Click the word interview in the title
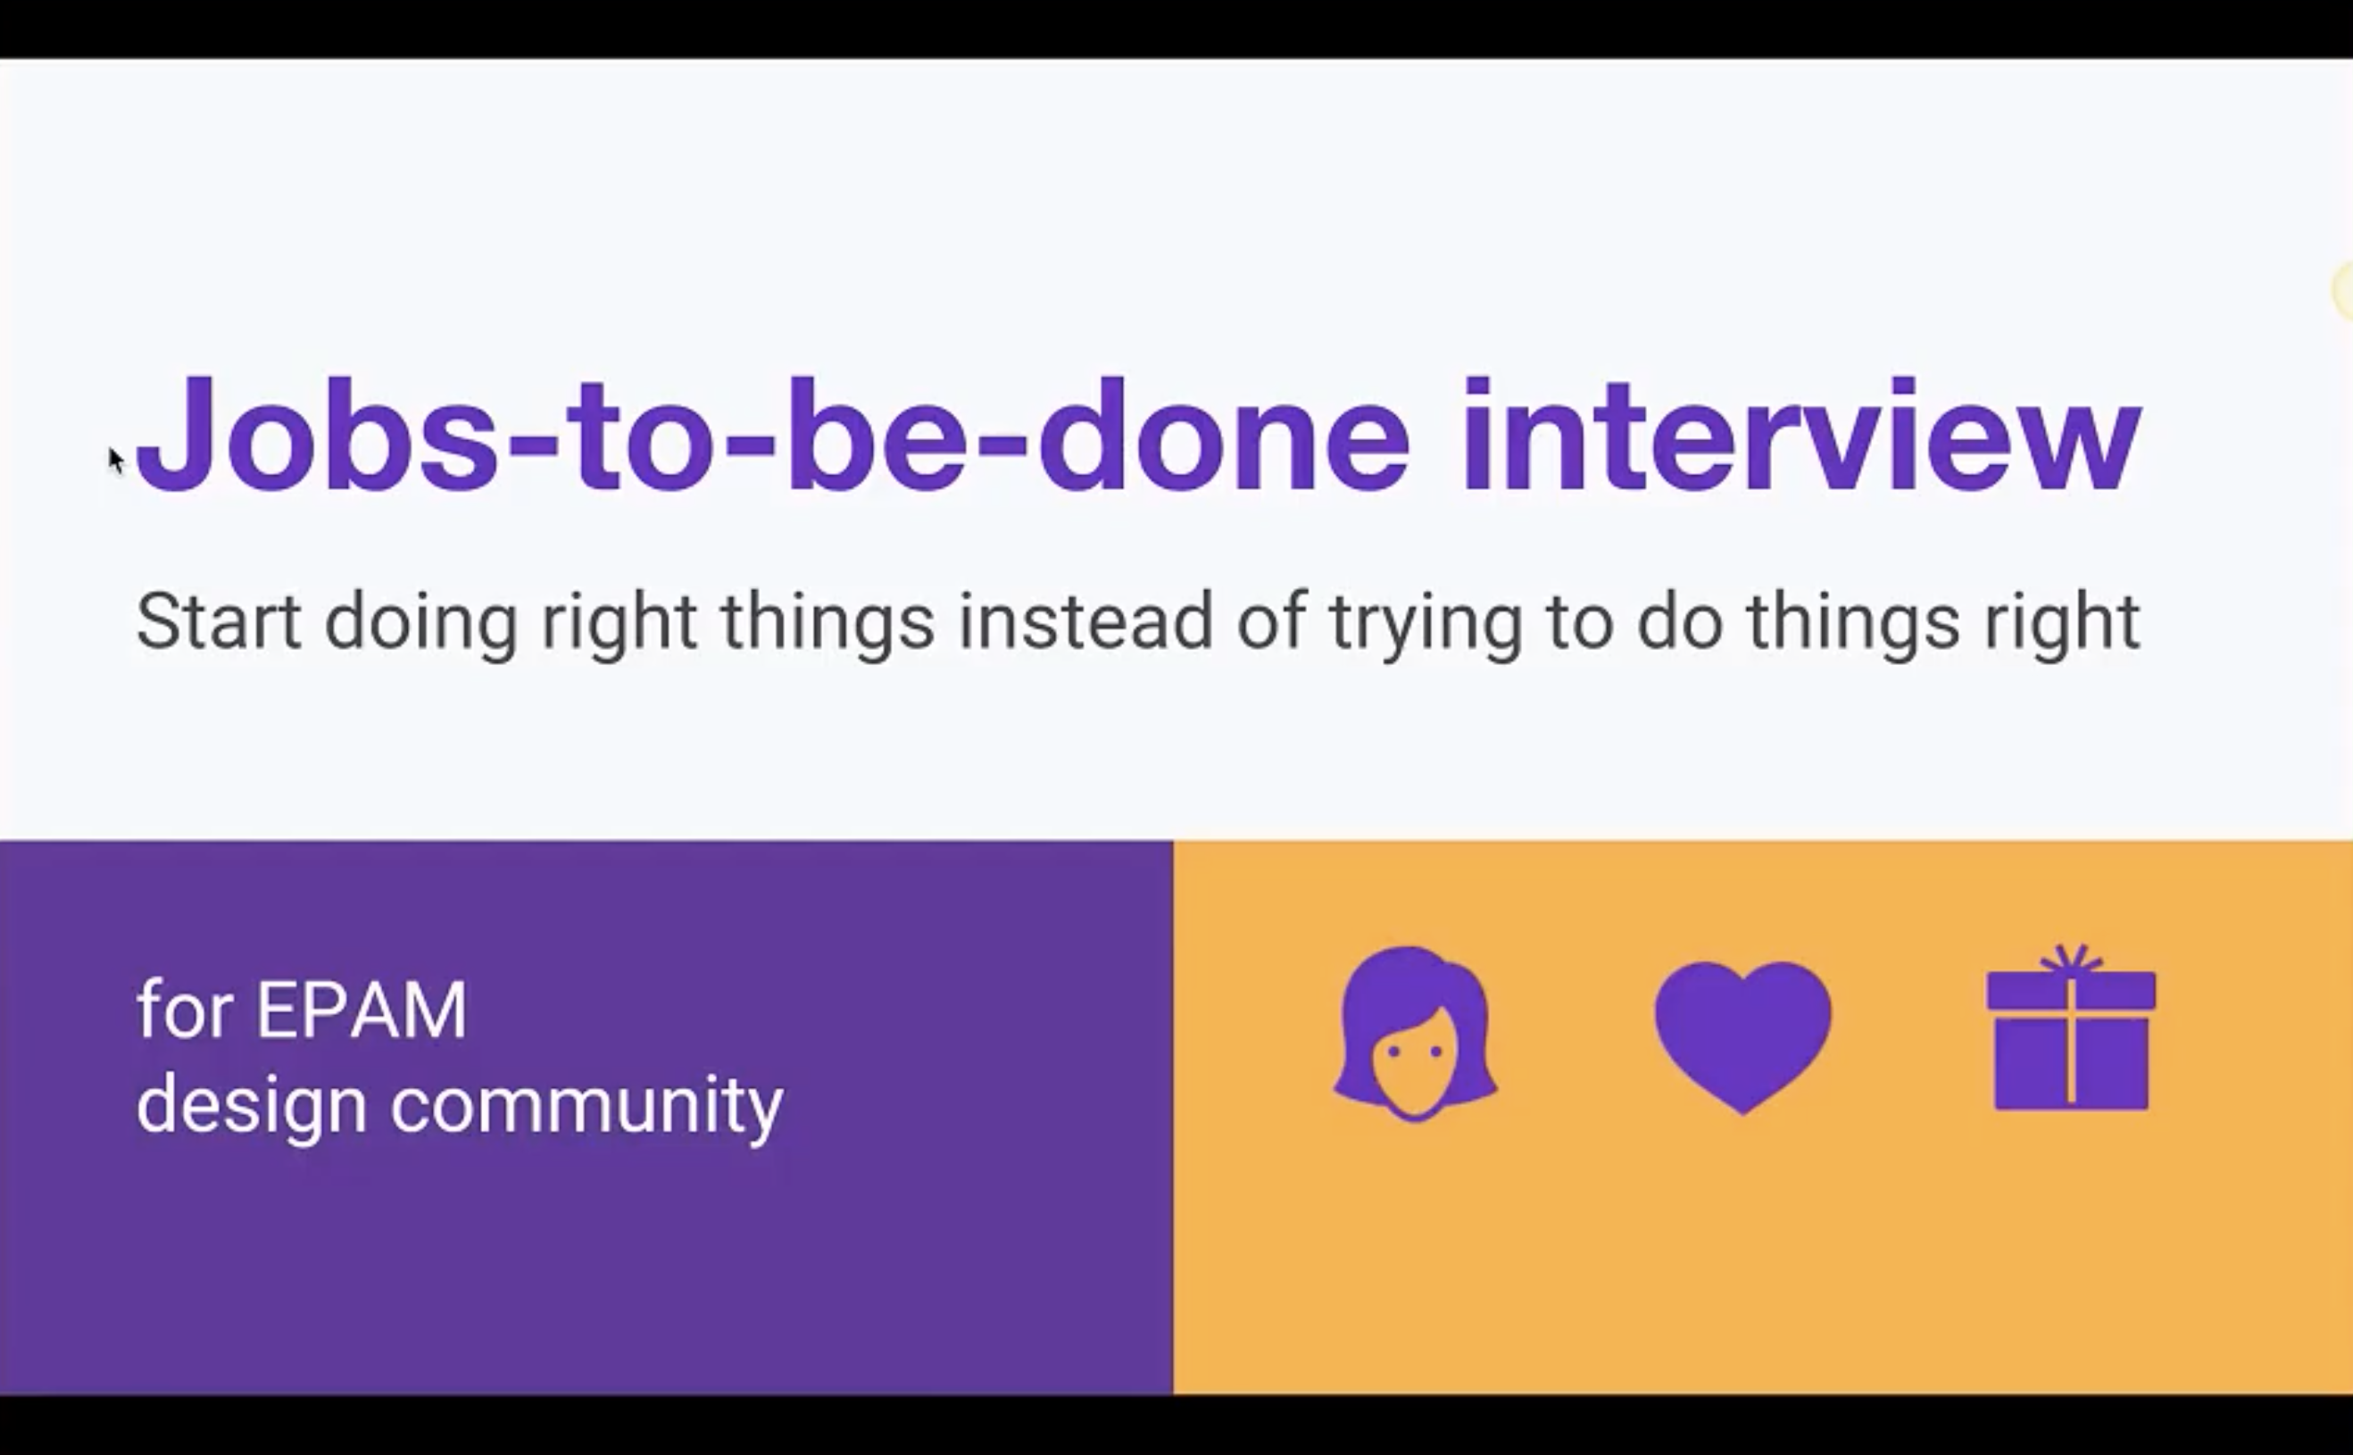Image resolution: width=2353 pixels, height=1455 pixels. (x=1800, y=435)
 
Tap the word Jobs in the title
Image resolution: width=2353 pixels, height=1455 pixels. (x=318, y=435)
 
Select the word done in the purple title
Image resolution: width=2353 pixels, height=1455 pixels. (x=1223, y=435)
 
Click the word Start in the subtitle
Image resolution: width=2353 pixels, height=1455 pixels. (x=219, y=621)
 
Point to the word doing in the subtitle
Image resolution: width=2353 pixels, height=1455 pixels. (x=421, y=626)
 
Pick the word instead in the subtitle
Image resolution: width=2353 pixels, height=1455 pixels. (x=1085, y=621)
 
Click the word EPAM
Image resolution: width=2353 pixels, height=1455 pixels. (x=361, y=1010)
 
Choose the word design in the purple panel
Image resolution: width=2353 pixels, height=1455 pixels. (x=251, y=1107)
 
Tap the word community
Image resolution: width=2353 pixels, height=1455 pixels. (x=587, y=1107)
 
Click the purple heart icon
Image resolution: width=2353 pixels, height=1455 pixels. (x=1742, y=1035)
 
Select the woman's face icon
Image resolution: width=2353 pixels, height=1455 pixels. (x=1415, y=1034)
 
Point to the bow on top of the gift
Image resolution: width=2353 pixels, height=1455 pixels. (x=2071, y=960)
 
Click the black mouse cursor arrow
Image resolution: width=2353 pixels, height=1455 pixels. (x=115, y=461)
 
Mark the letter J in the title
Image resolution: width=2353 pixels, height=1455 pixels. (x=174, y=435)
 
